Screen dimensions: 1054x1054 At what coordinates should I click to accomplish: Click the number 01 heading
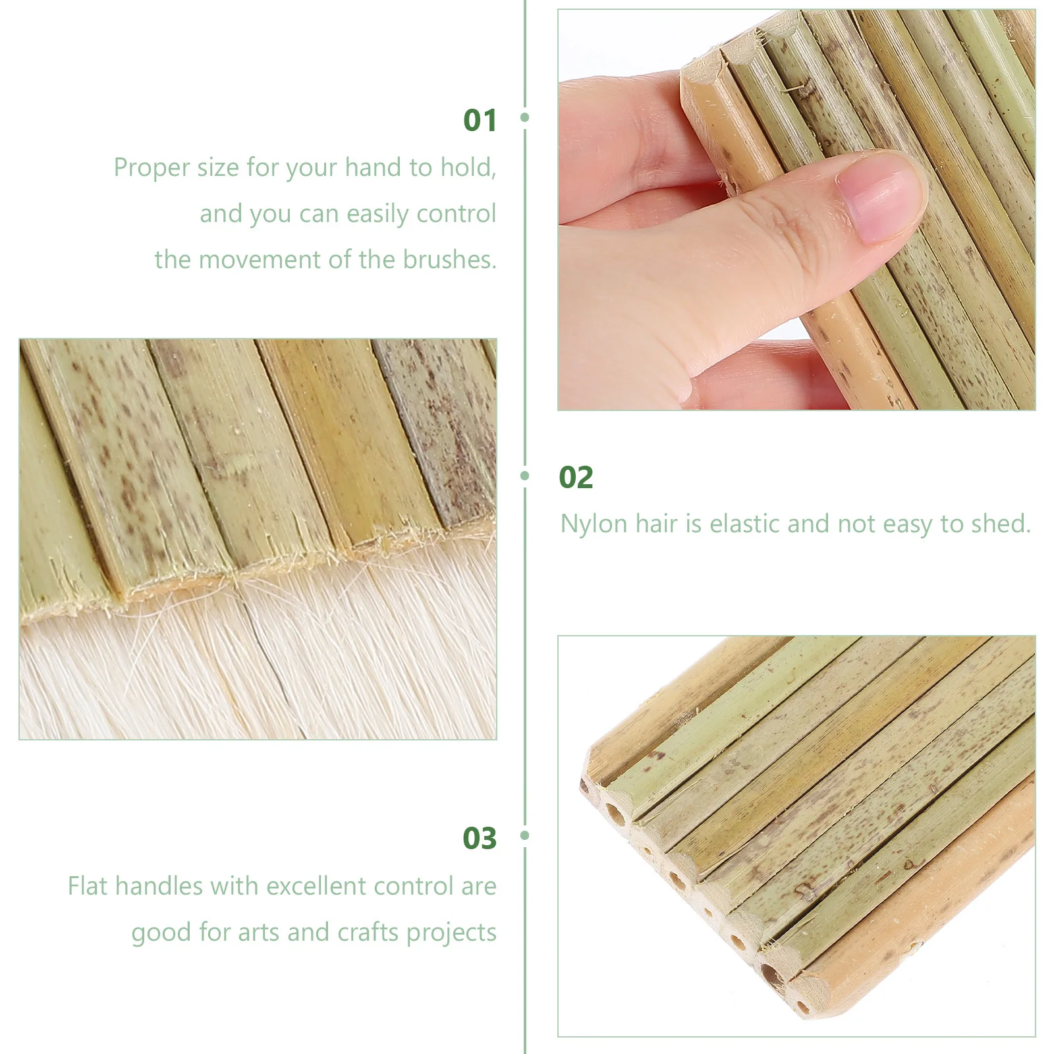click(x=480, y=121)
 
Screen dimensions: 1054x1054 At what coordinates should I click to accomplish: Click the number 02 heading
click(x=576, y=478)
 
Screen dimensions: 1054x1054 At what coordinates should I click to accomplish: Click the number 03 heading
click(x=480, y=839)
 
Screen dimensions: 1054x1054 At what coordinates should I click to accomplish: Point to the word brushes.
click(x=449, y=260)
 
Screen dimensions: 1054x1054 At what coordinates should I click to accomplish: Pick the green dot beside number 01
click(x=525, y=117)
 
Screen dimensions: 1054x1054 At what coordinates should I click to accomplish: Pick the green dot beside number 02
click(x=525, y=475)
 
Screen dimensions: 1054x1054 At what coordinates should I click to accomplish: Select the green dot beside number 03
click(x=525, y=835)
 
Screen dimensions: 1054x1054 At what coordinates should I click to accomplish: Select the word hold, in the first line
click(x=468, y=168)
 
